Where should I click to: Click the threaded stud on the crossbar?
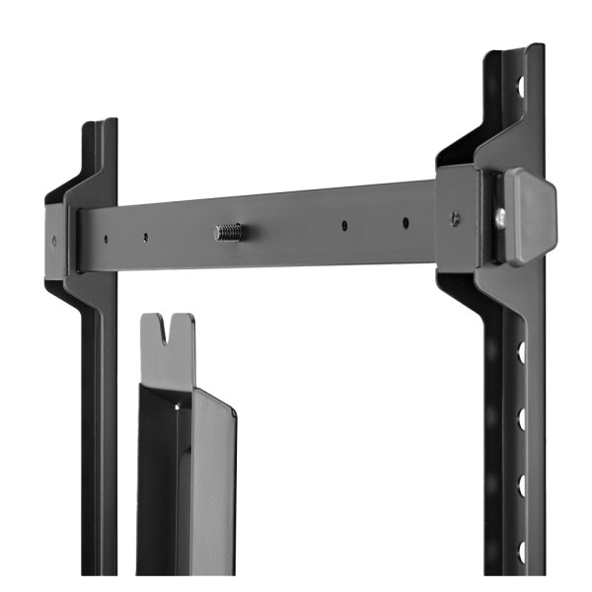[x=228, y=234]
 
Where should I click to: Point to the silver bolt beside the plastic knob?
[x=501, y=216]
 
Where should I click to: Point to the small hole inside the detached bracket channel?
[x=179, y=405]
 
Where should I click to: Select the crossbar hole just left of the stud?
[x=145, y=237]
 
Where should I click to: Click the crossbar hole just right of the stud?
[x=344, y=226]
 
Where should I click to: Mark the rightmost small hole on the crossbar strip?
[x=405, y=220]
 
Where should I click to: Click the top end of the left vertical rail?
[x=99, y=126]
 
